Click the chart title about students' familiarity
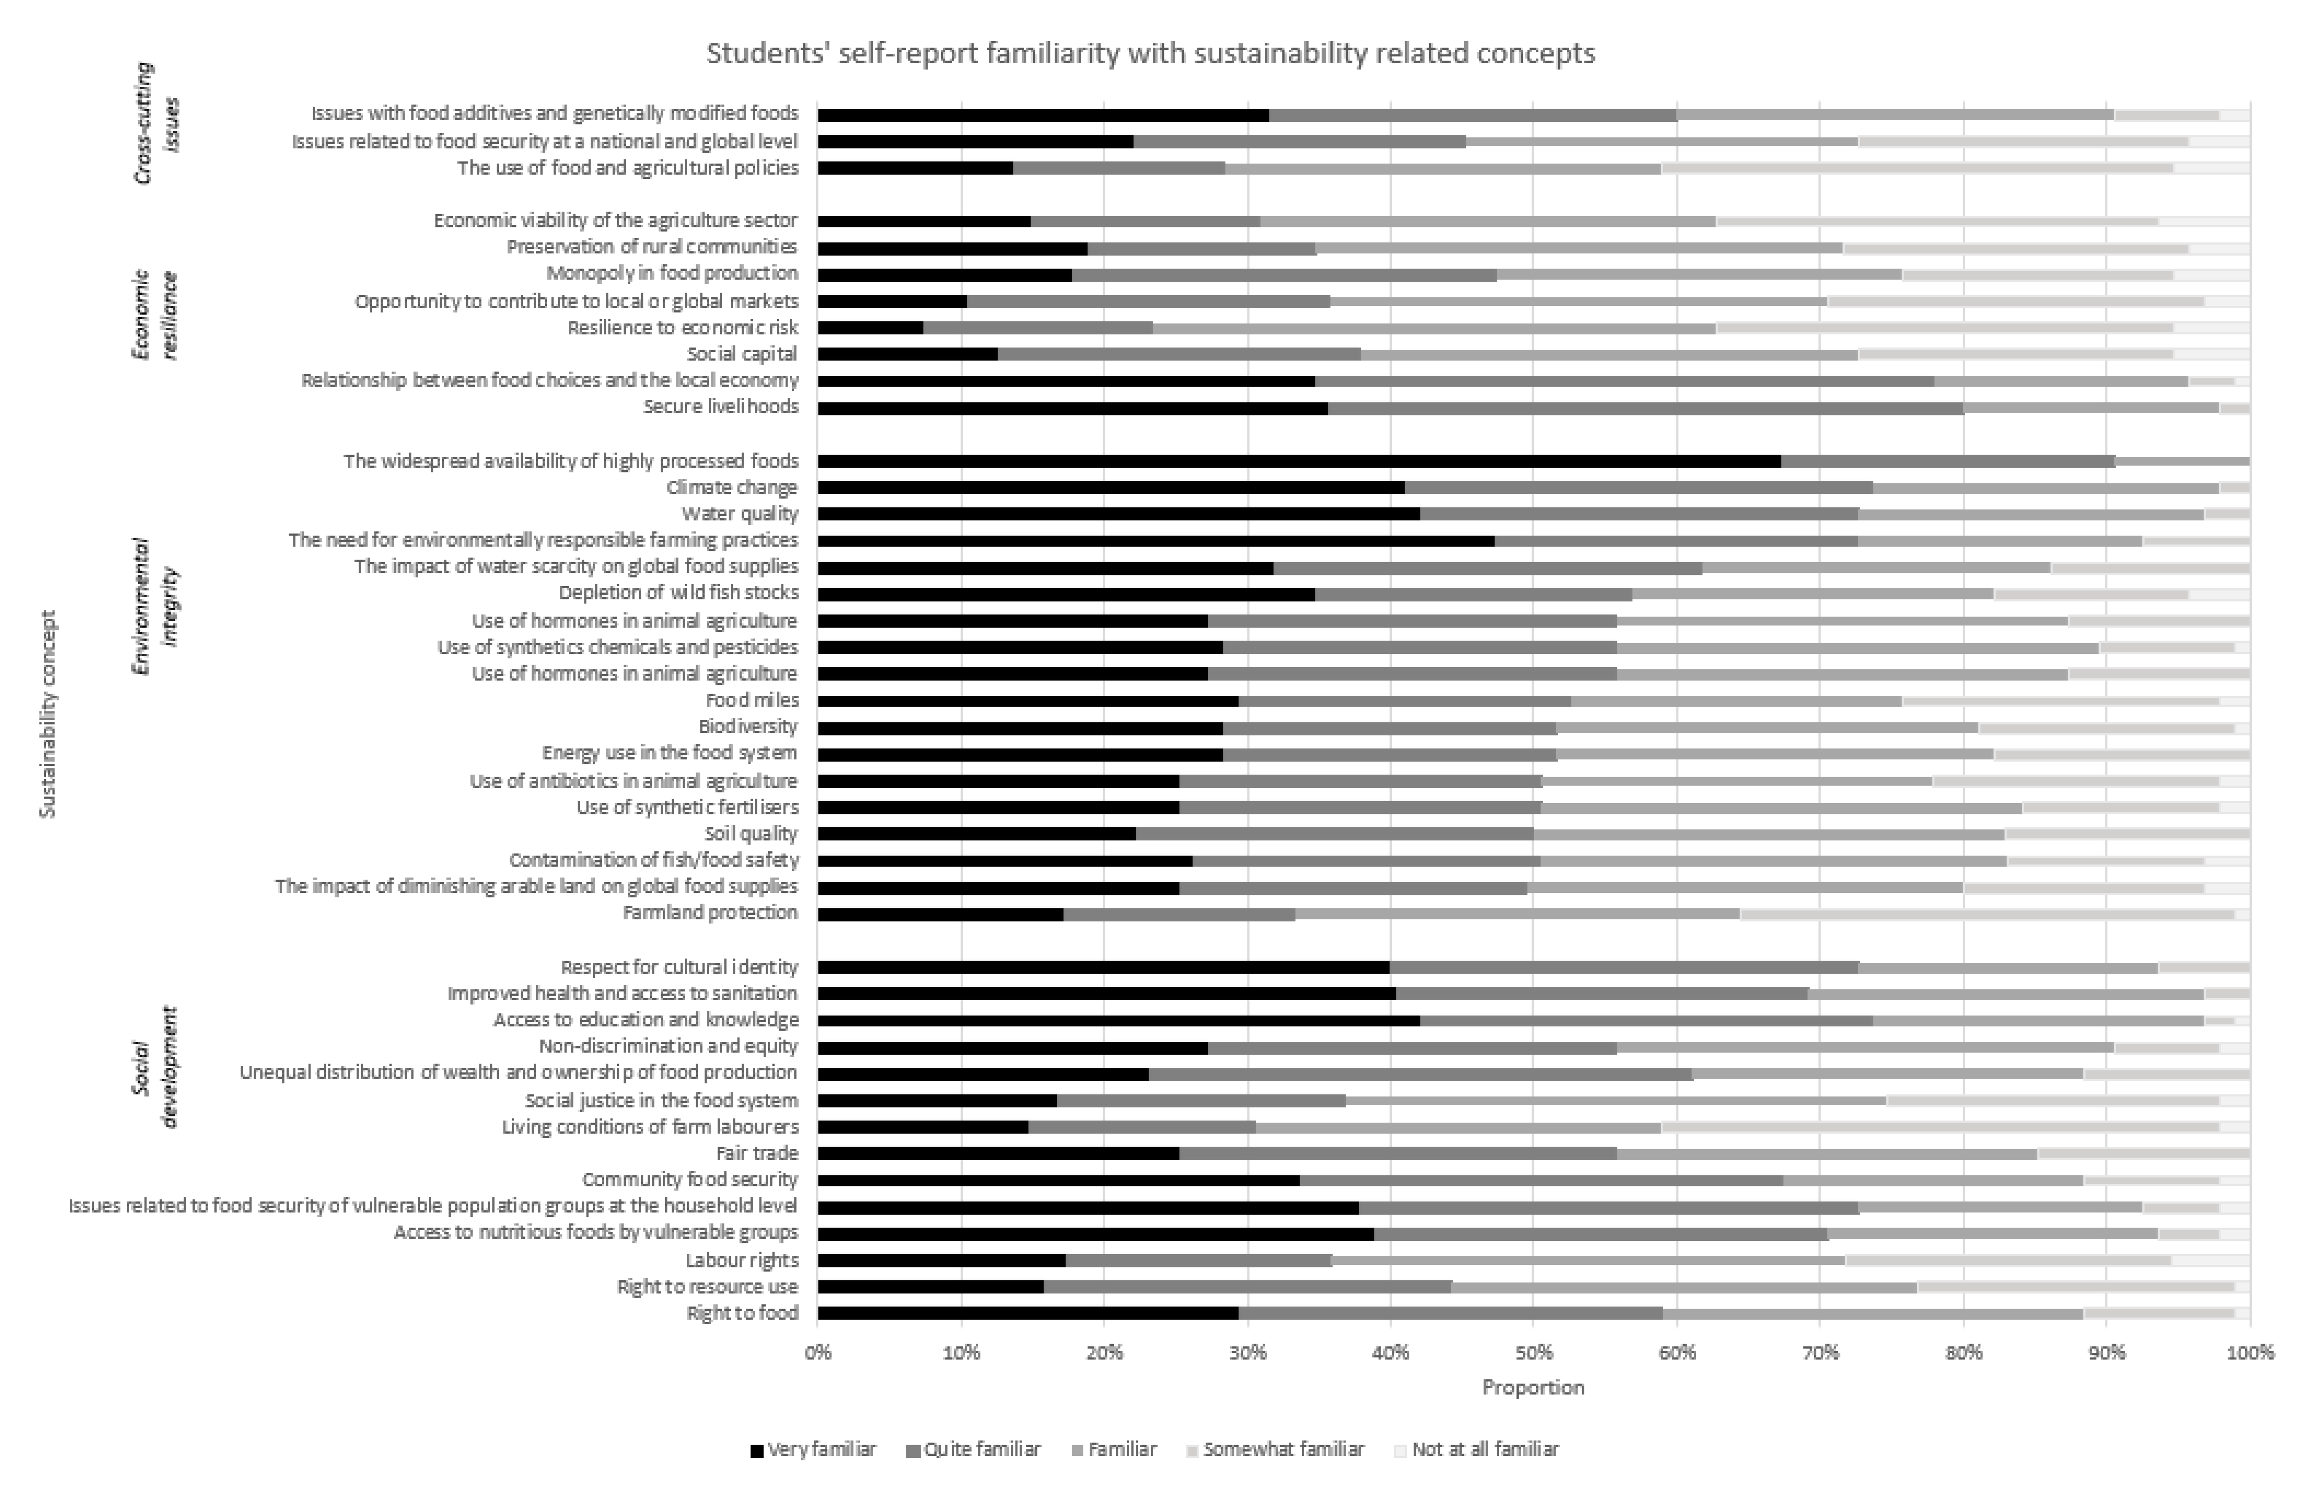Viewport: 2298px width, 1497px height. (1150, 53)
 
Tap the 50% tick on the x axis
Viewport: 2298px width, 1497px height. (1533, 1352)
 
